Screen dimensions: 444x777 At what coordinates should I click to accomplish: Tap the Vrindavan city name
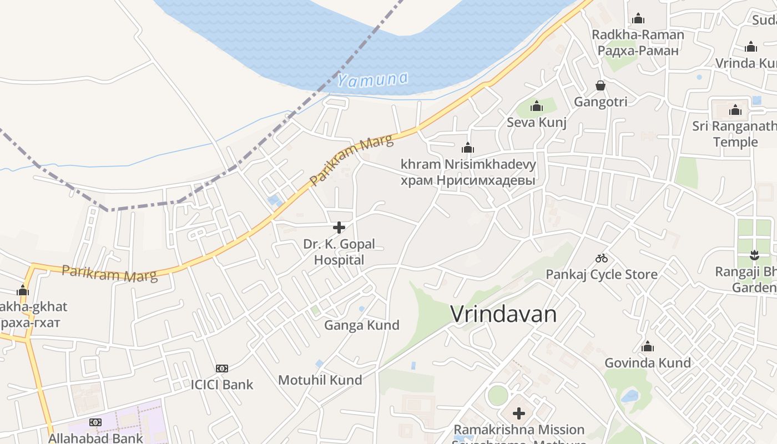(x=503, y=314)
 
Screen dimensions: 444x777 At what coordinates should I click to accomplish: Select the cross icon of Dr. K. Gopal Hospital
(x=339, y=227)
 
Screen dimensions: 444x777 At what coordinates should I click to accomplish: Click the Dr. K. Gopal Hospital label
(x=339, y=252)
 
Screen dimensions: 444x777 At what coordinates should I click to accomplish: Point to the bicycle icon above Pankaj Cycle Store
(x=601, y=258)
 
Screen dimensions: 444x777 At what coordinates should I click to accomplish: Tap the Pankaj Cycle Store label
(x=602, y=274)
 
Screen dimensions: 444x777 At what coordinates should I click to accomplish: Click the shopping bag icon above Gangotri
(x=601, y=85)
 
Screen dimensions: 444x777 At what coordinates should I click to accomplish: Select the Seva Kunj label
(x=536, y=122)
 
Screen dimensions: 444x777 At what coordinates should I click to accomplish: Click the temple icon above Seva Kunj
(x=537, y=106)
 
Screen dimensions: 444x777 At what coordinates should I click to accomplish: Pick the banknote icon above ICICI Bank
(x=222, y=368)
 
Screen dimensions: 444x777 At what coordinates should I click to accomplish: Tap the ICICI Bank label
(x=222, y=385)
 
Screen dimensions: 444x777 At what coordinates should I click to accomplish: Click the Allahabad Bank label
(x=95, y=438)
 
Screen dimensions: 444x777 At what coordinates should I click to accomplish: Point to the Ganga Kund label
(x=362, y=325)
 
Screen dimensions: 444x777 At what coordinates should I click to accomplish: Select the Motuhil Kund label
(x=320, y=380)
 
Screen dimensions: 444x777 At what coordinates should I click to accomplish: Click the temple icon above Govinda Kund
(x=648, y=347)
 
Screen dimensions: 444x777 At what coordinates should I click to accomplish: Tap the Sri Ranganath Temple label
(x=735, y=134)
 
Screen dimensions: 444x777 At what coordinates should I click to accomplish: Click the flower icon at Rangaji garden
(x=754, y=256)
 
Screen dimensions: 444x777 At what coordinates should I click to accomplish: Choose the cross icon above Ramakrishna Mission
(x=519, y=413)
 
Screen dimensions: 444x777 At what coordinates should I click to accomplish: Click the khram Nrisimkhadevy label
(x=468, y=164)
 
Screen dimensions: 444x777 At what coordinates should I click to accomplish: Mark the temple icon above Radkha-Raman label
(x=638, y=18)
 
